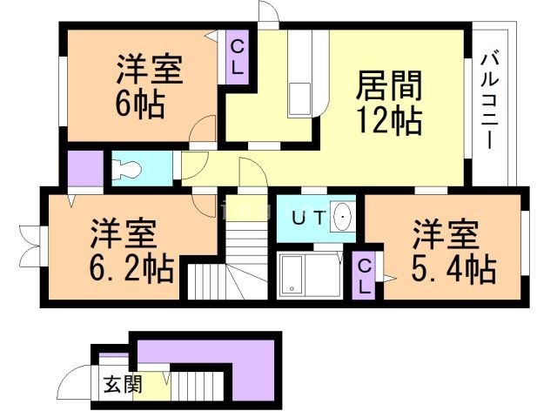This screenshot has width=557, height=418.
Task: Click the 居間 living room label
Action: [x=389, y=86]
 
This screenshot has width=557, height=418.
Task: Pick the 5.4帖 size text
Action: [x=445, y=269]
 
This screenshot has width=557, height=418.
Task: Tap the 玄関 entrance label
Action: [x=121, y=383]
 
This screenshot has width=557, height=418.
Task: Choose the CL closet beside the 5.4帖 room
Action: [x=366, y=275]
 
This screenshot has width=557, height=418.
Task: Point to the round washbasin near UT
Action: [x=343, y=218]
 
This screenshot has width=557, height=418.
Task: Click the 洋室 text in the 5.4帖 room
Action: [x=445, y=235]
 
